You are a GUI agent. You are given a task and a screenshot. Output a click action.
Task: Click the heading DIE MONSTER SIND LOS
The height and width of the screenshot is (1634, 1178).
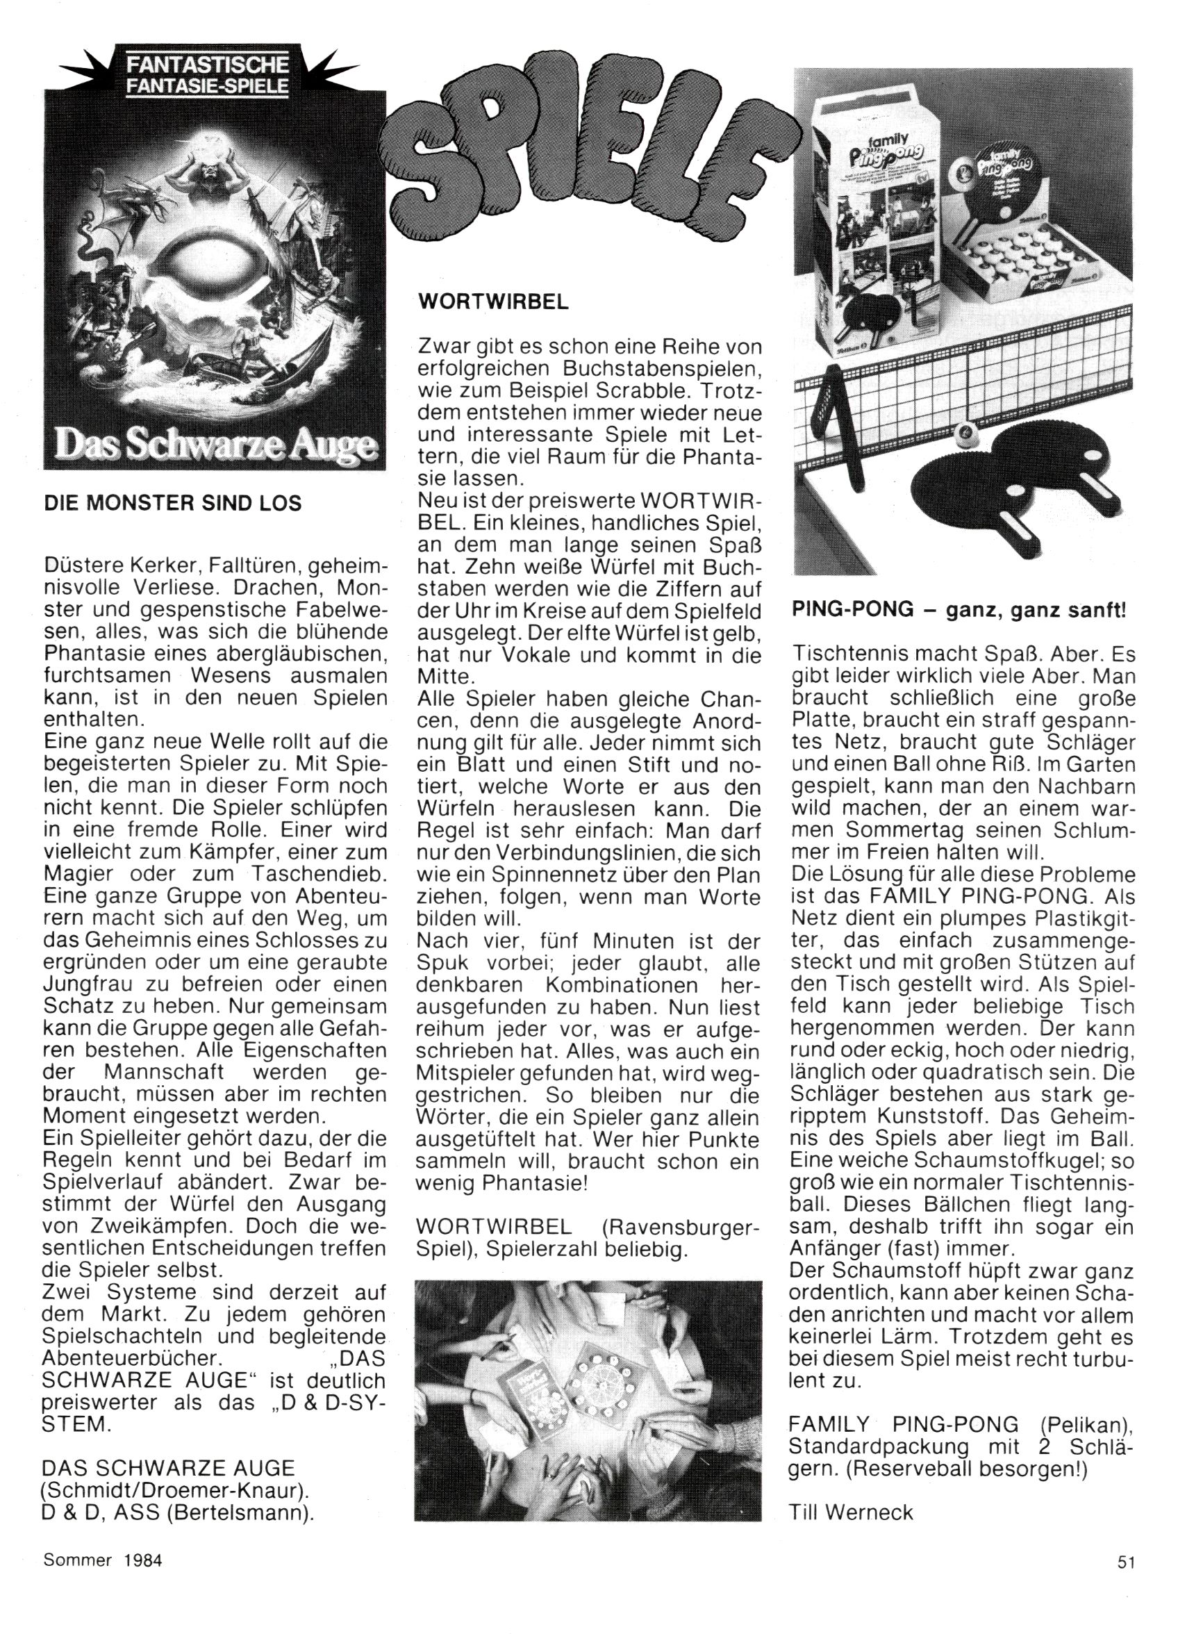coord(173,502)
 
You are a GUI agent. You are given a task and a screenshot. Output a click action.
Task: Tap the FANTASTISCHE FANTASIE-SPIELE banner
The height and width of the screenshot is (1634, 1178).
coord(208,75)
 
